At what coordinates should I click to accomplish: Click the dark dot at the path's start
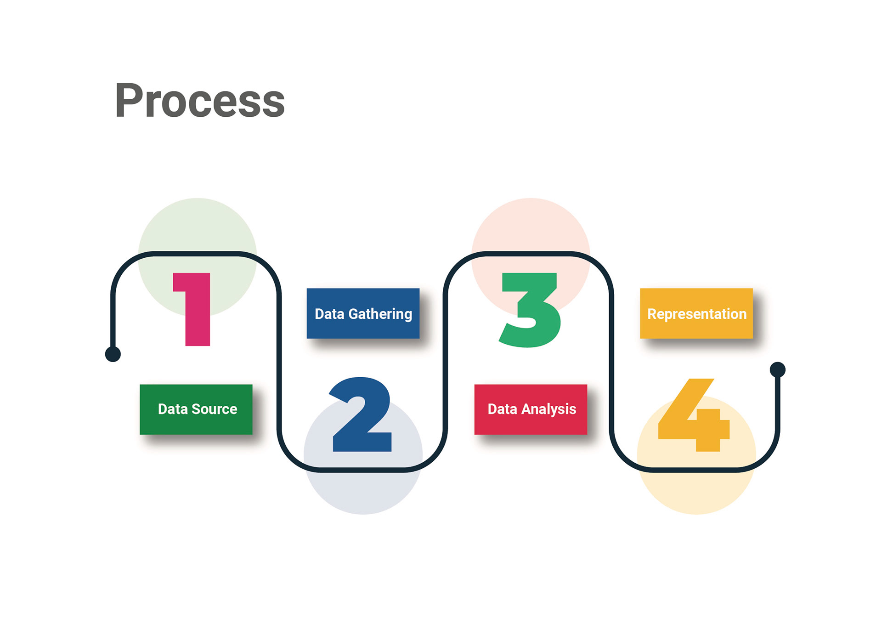click(113, 354)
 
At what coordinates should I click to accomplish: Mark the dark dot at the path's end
click(778, 369)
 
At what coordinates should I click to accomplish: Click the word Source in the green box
click(214, 409)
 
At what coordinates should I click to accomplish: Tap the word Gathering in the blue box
click(380, 314)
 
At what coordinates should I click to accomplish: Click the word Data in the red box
click(502, 409)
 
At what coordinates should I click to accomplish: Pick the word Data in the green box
click(172, 409)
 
